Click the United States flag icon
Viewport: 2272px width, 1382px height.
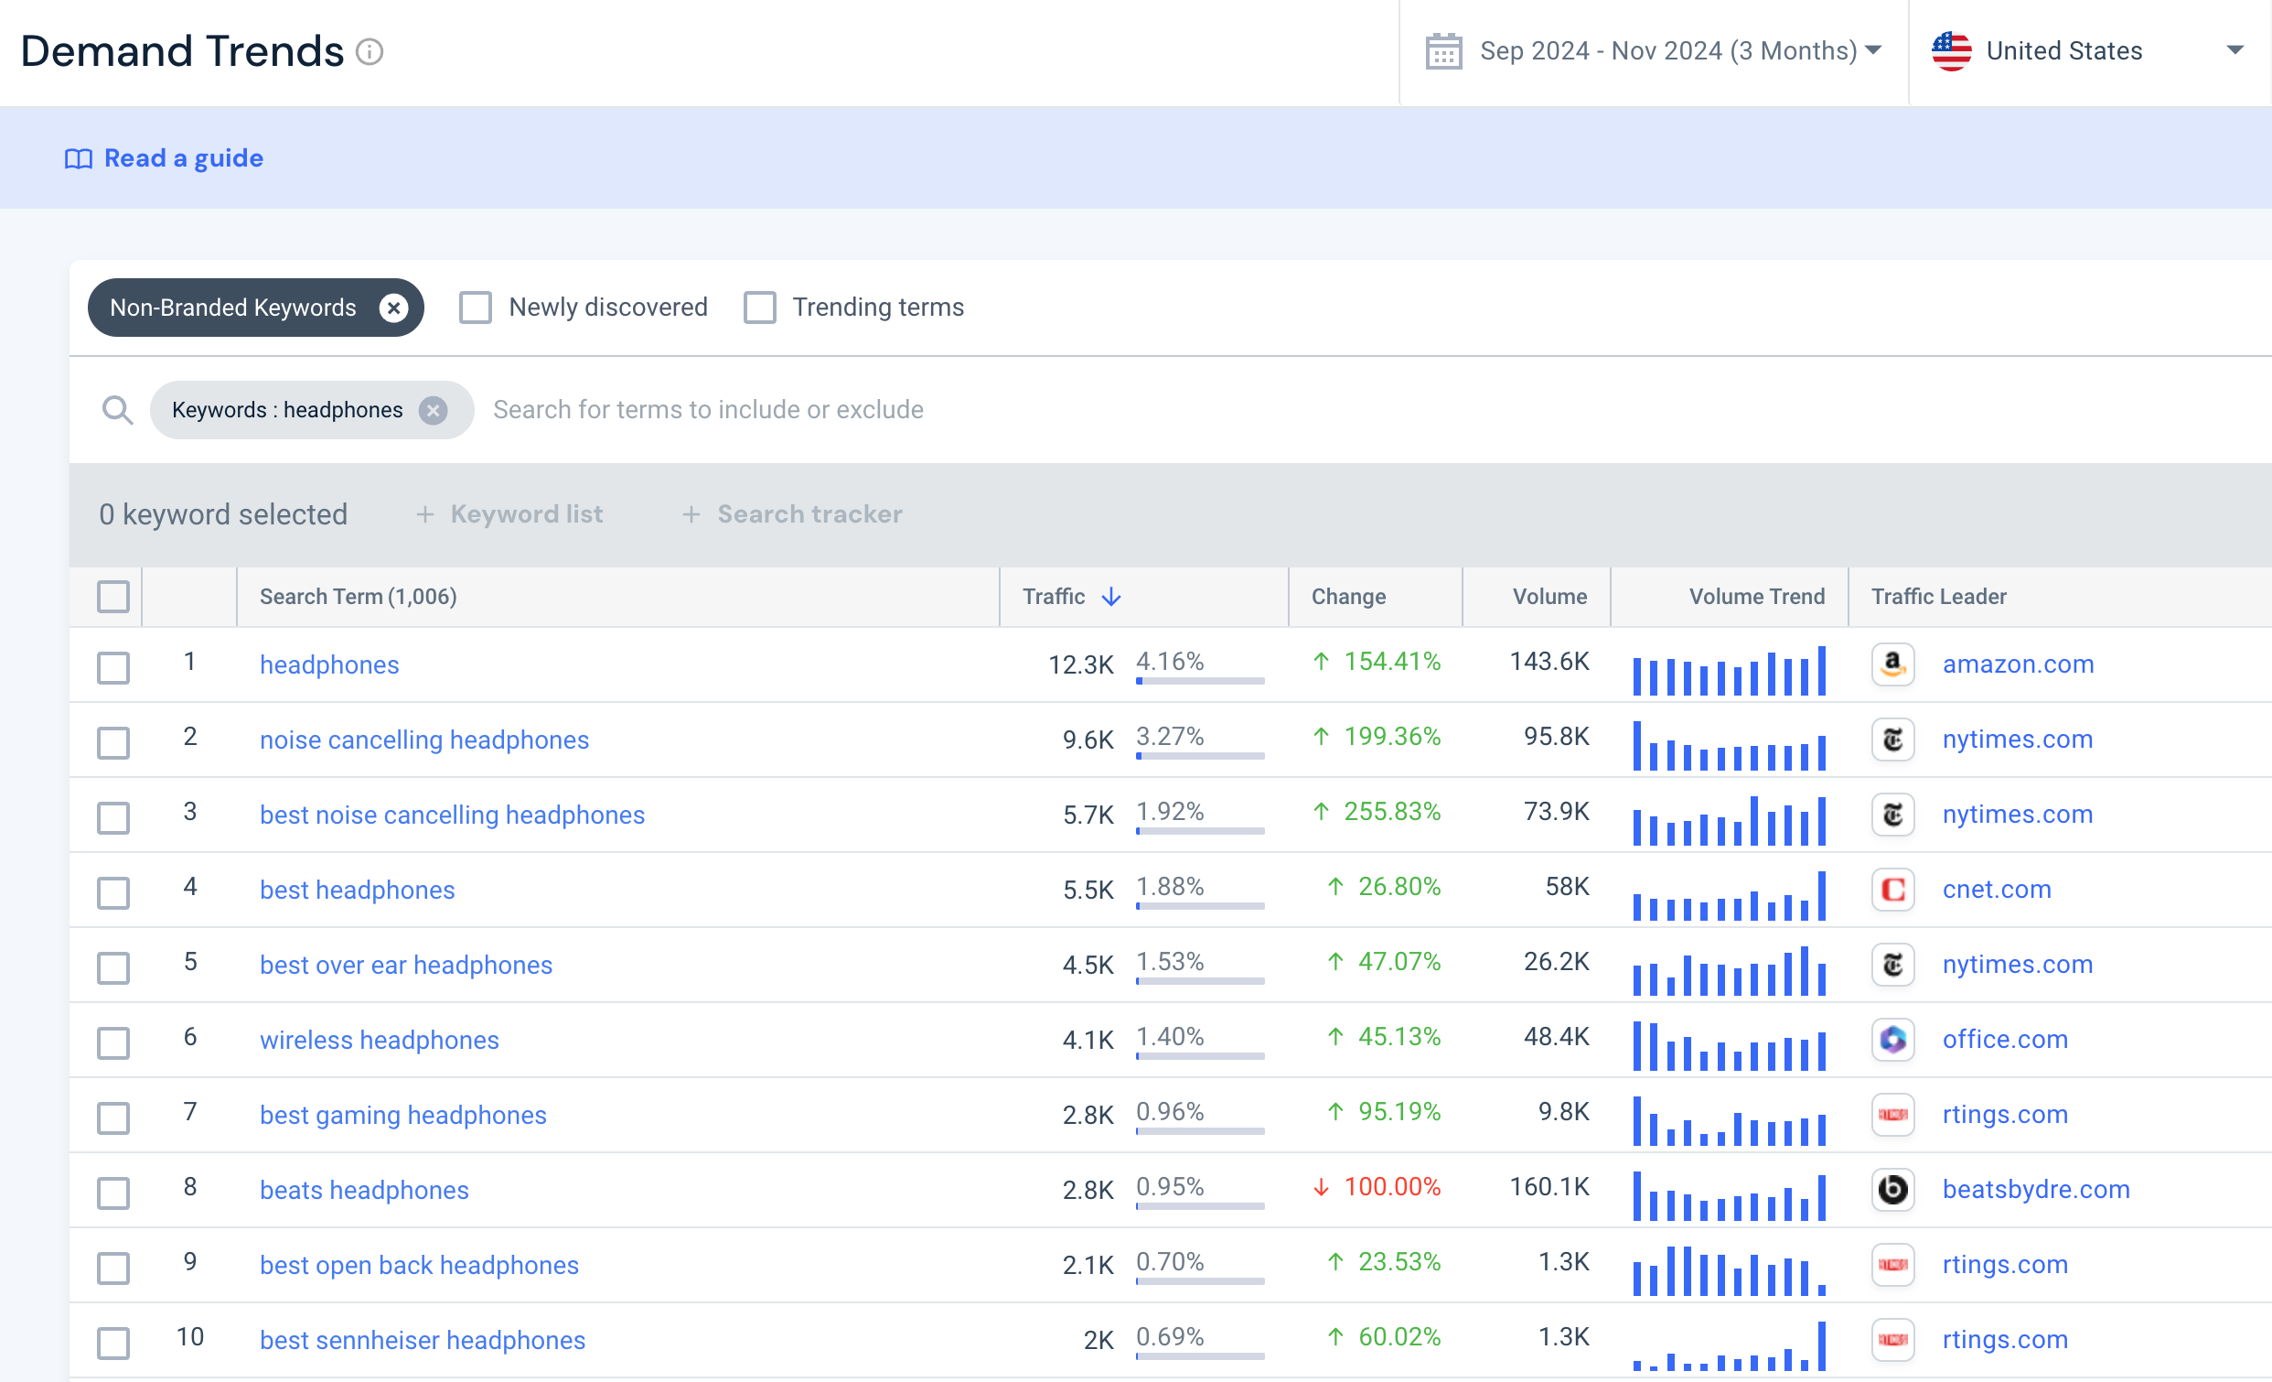(1951, 50)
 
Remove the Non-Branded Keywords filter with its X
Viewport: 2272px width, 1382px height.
(393, 308)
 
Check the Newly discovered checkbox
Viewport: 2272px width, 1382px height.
(476, 308)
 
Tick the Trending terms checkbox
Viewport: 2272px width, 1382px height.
(760, 308)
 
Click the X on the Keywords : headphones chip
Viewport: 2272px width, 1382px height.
(434, 410)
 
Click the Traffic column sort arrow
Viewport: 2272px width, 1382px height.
(1112, 597)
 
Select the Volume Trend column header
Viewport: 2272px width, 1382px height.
(1756, 597)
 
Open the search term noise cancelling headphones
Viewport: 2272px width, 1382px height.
(424, 740)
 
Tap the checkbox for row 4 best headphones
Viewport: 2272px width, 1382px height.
(113, 892)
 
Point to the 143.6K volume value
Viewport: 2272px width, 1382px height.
(1549, 662)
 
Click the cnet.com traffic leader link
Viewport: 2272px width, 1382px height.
(1997, 890)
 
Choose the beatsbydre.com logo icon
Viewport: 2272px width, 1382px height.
(1893, 1189)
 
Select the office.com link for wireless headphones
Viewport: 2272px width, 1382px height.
(2005, 1040)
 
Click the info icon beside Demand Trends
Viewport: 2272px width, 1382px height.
(370, 51)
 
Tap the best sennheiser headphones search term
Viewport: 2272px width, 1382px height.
(423, 1341)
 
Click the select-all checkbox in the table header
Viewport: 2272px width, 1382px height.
(113, 597)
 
